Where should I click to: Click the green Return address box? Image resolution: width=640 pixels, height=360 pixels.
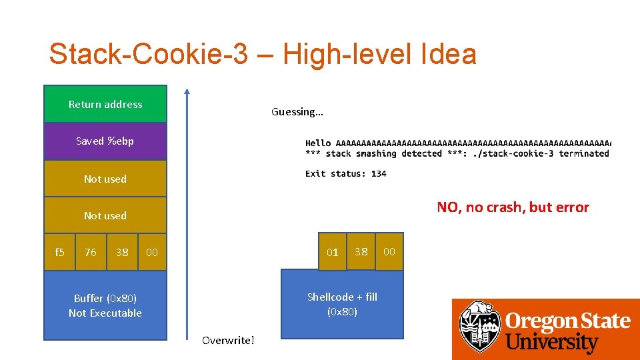(105, 104)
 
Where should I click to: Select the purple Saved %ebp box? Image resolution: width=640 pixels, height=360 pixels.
(105, 141)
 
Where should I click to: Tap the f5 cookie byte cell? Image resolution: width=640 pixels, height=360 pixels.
(59, 252)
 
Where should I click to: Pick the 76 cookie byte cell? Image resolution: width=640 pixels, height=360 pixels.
(91, 252)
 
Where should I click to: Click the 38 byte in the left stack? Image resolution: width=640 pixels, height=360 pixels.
(122, 252)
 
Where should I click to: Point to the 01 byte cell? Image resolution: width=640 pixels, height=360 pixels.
(333, 252)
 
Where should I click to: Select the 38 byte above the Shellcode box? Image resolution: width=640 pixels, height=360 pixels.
(361, 251)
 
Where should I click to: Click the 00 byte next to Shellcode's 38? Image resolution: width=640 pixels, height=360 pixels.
(389, 251)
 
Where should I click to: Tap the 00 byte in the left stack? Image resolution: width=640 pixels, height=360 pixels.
(152, 252)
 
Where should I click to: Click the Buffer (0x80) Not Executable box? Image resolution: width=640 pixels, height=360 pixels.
(105, 305)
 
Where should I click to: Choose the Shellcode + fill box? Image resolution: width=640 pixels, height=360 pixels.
(342, 304)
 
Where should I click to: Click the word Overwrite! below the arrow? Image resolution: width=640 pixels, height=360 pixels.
(228, 341)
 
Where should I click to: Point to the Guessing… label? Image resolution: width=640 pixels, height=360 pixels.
(297, 112)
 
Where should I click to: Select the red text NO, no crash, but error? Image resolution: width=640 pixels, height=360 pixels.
(513, 207)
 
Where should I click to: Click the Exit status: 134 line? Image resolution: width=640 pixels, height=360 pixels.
(346, 173)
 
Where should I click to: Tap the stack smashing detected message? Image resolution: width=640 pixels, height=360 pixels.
(457, 153)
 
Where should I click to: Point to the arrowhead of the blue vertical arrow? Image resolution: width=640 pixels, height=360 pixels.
(187, 92)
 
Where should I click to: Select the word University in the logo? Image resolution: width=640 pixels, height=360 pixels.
(552, 343)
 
